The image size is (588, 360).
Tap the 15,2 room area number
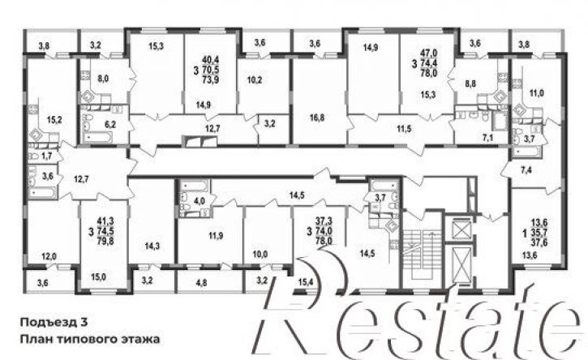(54, 120)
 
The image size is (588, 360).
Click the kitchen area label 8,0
(103, 79)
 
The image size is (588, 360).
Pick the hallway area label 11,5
(404, 129)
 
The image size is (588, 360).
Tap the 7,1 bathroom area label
(487, 138)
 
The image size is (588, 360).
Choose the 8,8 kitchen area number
(470, 84)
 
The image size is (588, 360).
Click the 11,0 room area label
(536, 93)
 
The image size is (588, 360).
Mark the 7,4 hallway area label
(526, 170)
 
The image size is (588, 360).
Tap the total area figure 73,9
(210, 79)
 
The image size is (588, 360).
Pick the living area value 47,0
(429, 53)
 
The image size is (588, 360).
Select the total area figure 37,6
(539, 242)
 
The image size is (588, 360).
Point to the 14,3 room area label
(152, 246)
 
